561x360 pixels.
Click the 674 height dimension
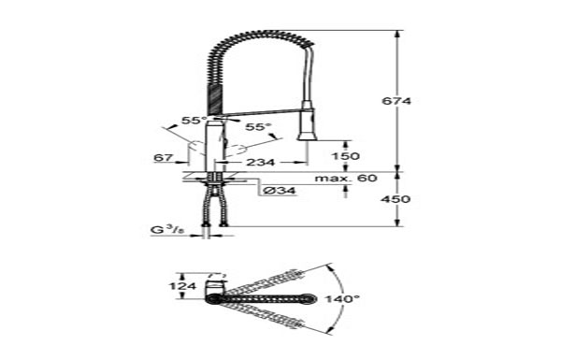click(x=396, y=101)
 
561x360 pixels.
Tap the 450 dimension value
click(x=396, y=199)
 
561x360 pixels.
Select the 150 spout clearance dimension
click(x=346, y=156)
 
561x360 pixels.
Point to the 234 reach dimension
click(x=261, y=163)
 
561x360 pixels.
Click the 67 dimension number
click(x=164, y=157)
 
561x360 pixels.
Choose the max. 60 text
click(x=346, y=178)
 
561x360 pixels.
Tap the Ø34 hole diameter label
click(x=280, y=191)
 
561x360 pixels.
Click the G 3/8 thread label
click(x=167, y=230)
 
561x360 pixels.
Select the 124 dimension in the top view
click(x=183, y=286)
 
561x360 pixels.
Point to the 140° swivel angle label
click(x=342, y=298)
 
